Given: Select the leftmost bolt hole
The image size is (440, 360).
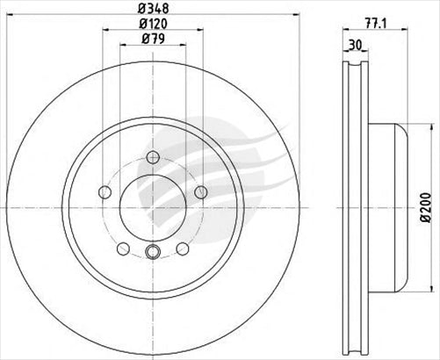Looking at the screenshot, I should [105, 192].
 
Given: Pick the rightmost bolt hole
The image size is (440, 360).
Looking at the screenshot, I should [201, 192].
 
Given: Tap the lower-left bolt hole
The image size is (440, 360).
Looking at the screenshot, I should [123, 248].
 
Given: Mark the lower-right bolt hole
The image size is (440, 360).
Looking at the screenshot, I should [183, 248].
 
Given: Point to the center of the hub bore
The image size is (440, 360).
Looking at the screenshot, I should [153, 208].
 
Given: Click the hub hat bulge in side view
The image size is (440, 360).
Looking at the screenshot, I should [394, 208].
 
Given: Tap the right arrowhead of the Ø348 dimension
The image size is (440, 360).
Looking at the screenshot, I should [299, 20].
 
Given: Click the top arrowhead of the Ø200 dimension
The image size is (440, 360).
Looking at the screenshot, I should [421, 127].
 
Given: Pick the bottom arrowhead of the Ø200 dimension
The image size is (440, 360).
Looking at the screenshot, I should [421, 288].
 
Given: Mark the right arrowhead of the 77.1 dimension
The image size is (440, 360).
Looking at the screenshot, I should [408, 34].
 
